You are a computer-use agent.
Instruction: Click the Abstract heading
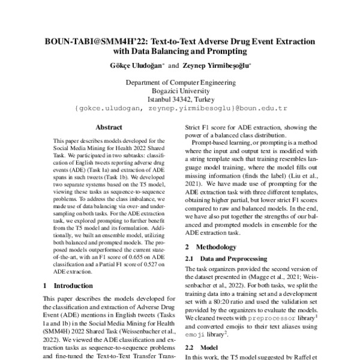point(109,127)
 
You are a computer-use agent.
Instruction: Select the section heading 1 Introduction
point(69,286)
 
